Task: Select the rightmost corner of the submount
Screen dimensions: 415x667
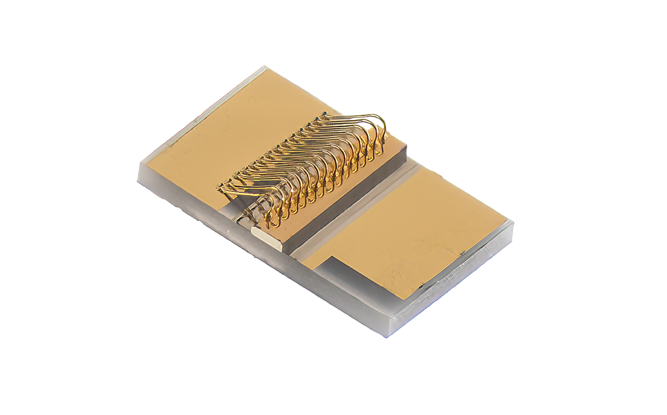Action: tap(513, 224)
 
